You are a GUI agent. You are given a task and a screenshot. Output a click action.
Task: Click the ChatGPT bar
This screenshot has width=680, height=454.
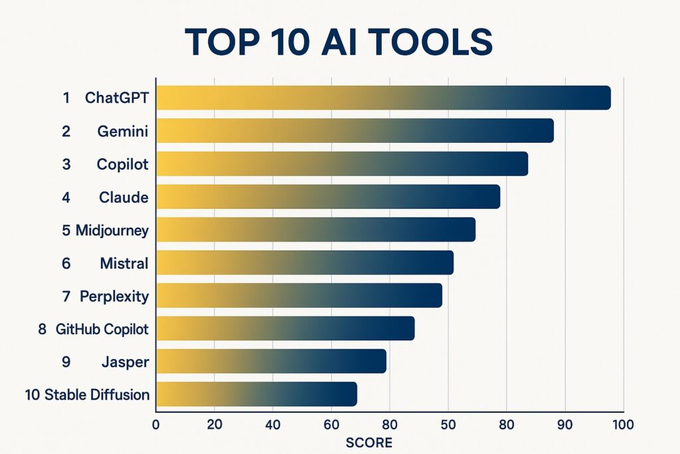[383, 98]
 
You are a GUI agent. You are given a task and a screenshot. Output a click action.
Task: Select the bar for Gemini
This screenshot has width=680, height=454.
[355, 130]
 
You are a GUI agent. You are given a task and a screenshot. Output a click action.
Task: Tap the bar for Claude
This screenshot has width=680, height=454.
[327, 197]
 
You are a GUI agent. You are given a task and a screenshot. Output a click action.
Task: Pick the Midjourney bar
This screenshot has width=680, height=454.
[315, 229]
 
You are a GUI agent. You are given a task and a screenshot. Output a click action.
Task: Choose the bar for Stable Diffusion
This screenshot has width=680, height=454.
[256, 394]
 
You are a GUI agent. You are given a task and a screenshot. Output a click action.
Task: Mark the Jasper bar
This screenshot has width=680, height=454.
[271, 361]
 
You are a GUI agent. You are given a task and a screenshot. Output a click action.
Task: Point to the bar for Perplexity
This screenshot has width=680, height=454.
[299, 295]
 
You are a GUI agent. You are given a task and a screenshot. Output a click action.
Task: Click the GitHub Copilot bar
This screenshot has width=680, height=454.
[285, 328]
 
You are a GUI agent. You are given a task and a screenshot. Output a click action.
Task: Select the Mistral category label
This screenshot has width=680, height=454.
[124, 263]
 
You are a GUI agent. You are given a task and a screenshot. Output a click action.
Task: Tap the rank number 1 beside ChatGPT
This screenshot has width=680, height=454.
[66, 98]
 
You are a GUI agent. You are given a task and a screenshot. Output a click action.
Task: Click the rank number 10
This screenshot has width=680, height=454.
[33, 395]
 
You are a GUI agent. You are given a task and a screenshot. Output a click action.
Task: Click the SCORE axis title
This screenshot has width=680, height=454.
[369, 442]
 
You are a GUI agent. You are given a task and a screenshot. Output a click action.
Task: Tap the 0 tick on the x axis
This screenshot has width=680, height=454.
[156, 423]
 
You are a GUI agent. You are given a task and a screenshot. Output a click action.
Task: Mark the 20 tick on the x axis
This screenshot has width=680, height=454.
[214, 423]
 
